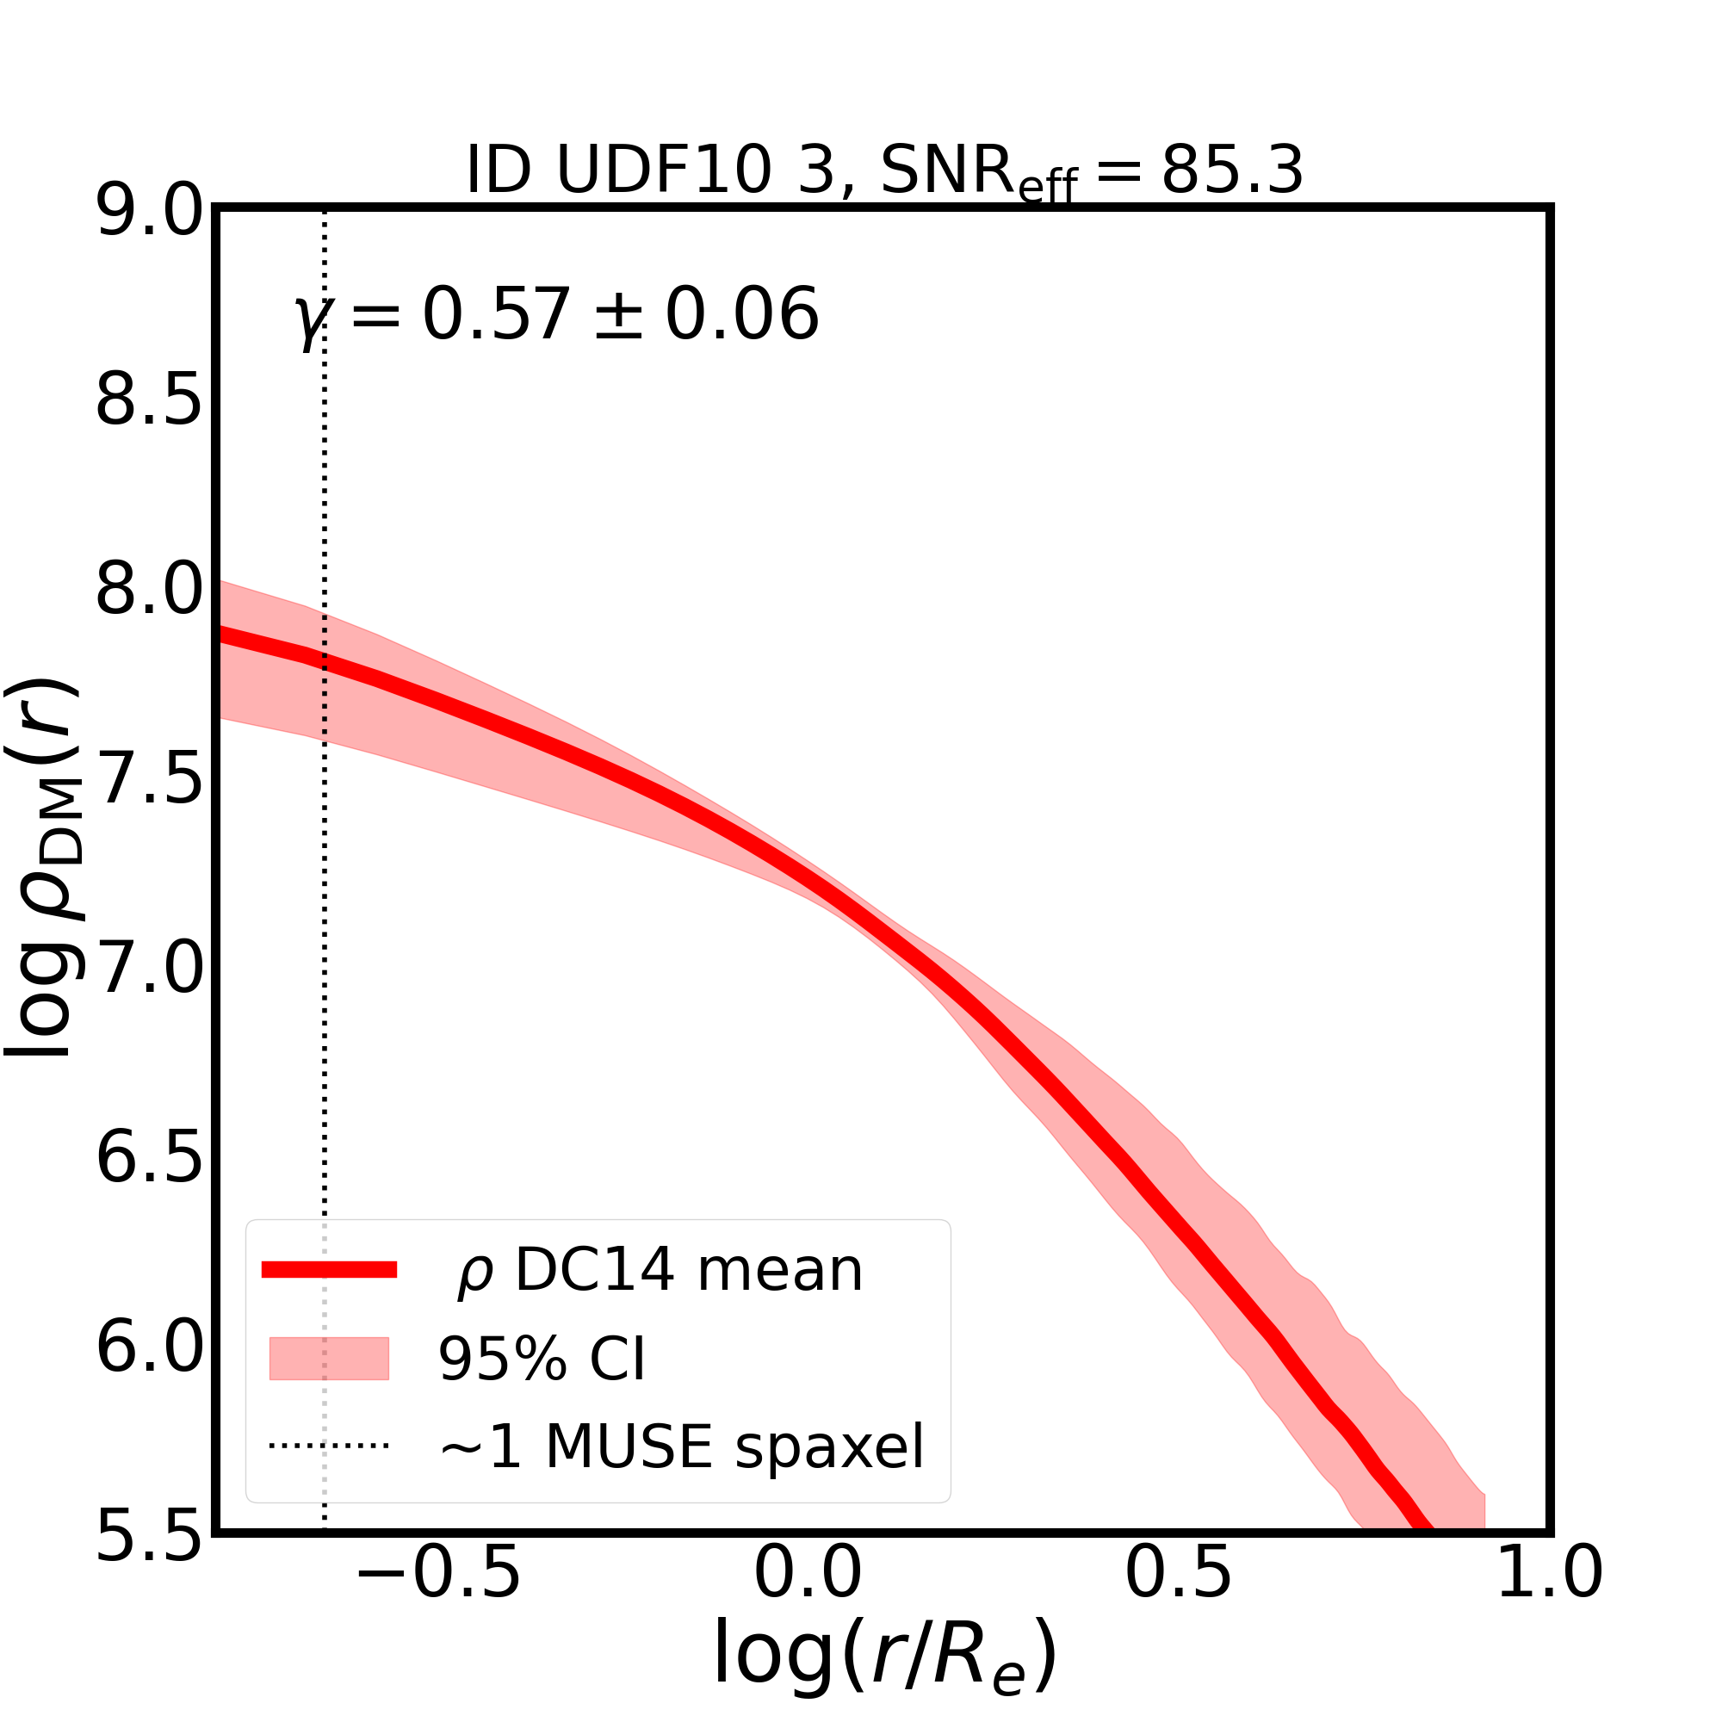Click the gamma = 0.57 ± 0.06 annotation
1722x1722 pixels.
[556, 315]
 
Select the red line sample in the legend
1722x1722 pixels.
[329, 1270]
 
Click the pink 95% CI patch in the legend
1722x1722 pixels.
[329, 1360]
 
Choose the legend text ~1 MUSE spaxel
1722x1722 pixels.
[682, 1447]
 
